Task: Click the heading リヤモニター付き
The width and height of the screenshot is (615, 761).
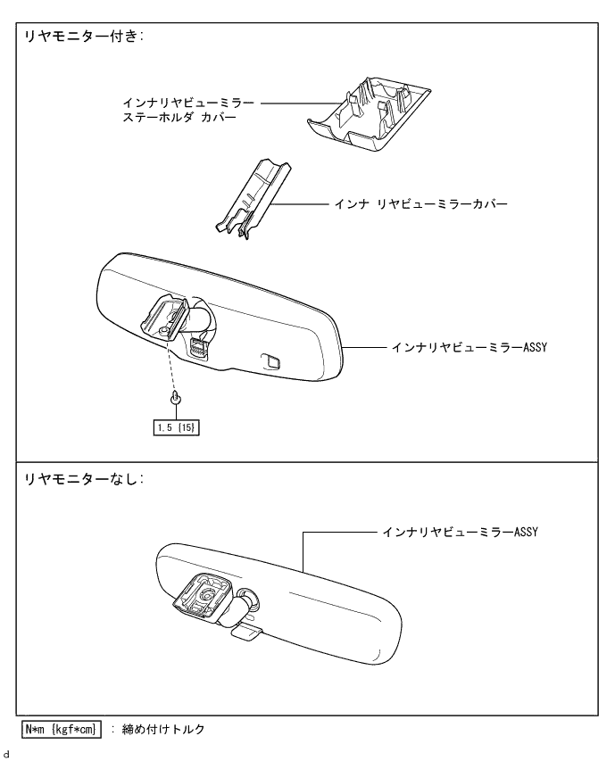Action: [86, 38]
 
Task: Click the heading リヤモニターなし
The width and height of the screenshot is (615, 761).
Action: [86, 477]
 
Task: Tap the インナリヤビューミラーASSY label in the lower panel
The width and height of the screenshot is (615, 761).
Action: [454, 532]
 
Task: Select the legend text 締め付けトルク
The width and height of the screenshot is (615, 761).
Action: [162, 729]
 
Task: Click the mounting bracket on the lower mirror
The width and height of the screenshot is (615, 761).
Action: [204, 595]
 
